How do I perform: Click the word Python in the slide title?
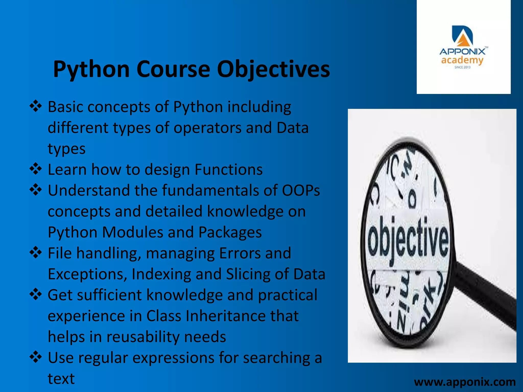91,69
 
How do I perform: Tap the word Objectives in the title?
273,69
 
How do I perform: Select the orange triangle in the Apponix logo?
462,40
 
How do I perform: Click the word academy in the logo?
462,60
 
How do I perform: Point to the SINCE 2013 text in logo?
462,67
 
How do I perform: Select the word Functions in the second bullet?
229,170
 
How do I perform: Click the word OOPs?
301,191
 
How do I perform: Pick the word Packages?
230,232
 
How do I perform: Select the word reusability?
143,337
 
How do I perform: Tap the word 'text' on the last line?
61,379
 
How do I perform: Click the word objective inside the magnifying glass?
408,239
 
